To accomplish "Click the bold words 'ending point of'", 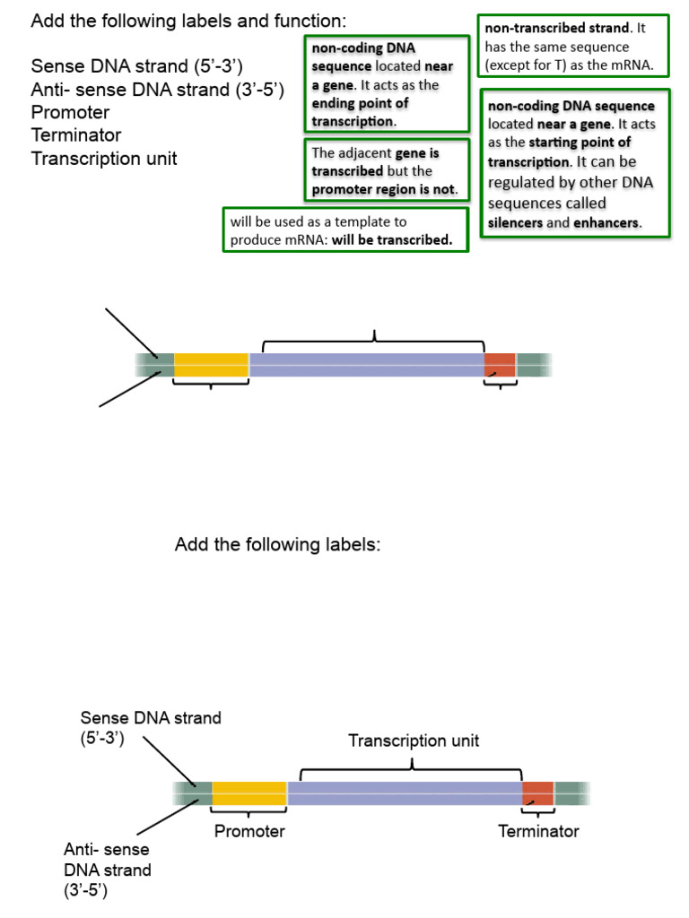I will (360, 103).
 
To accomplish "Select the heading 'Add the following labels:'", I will (277, 545).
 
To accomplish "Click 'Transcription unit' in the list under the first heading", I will (104, 159).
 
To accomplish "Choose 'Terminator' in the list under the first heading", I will (76, 135).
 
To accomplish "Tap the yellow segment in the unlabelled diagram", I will (211, 365).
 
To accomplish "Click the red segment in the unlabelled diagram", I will (500, 365).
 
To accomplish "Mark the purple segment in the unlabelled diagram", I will (366, 365).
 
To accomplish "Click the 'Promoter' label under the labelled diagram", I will (249, 831).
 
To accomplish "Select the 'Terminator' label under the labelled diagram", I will (538, 831).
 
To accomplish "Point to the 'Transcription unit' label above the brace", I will (414, 740).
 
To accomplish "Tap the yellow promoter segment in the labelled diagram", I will (249, 793).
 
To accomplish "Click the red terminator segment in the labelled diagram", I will (537, 793).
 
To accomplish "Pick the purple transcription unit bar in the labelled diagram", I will (404, 793).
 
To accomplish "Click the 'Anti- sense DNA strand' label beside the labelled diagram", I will (107, 870).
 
